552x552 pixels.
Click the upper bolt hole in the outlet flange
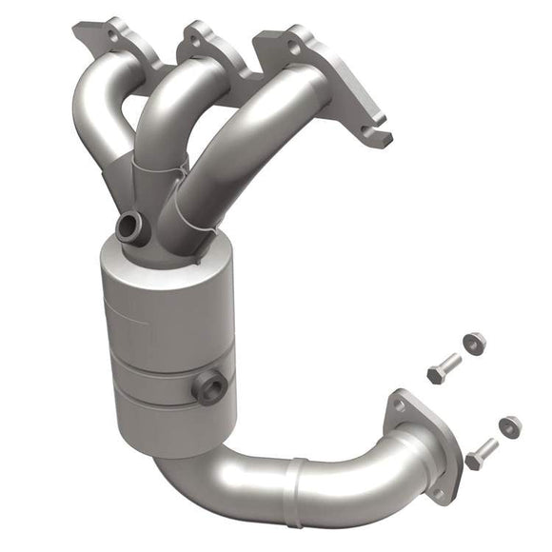click(399, 404)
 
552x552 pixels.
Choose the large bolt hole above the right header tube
click(295, 45)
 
